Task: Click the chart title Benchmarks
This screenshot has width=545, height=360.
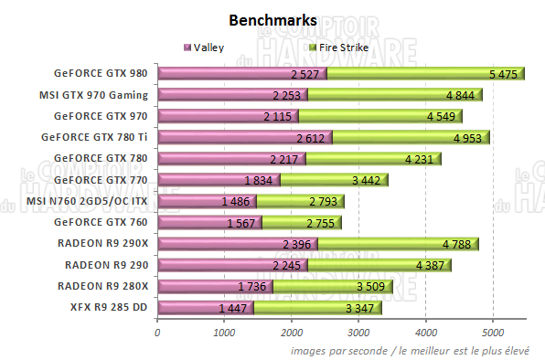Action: [272, 19]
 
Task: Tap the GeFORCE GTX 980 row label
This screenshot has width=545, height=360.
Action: [102, 73]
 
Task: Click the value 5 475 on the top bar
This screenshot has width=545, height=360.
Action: [505, 73]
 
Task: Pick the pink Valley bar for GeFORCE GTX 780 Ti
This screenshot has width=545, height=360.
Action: [244, 137]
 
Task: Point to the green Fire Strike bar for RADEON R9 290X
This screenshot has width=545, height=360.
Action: [419, 244]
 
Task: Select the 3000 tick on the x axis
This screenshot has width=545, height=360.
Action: [358, 333]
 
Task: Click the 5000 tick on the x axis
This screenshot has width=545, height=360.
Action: [493, 333]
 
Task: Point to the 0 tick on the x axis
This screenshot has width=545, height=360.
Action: [158, 333]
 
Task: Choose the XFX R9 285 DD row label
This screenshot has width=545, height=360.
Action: [109, 308]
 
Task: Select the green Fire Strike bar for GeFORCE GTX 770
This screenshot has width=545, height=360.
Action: [334, 180]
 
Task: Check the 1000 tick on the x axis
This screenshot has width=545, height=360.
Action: [225, 333]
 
